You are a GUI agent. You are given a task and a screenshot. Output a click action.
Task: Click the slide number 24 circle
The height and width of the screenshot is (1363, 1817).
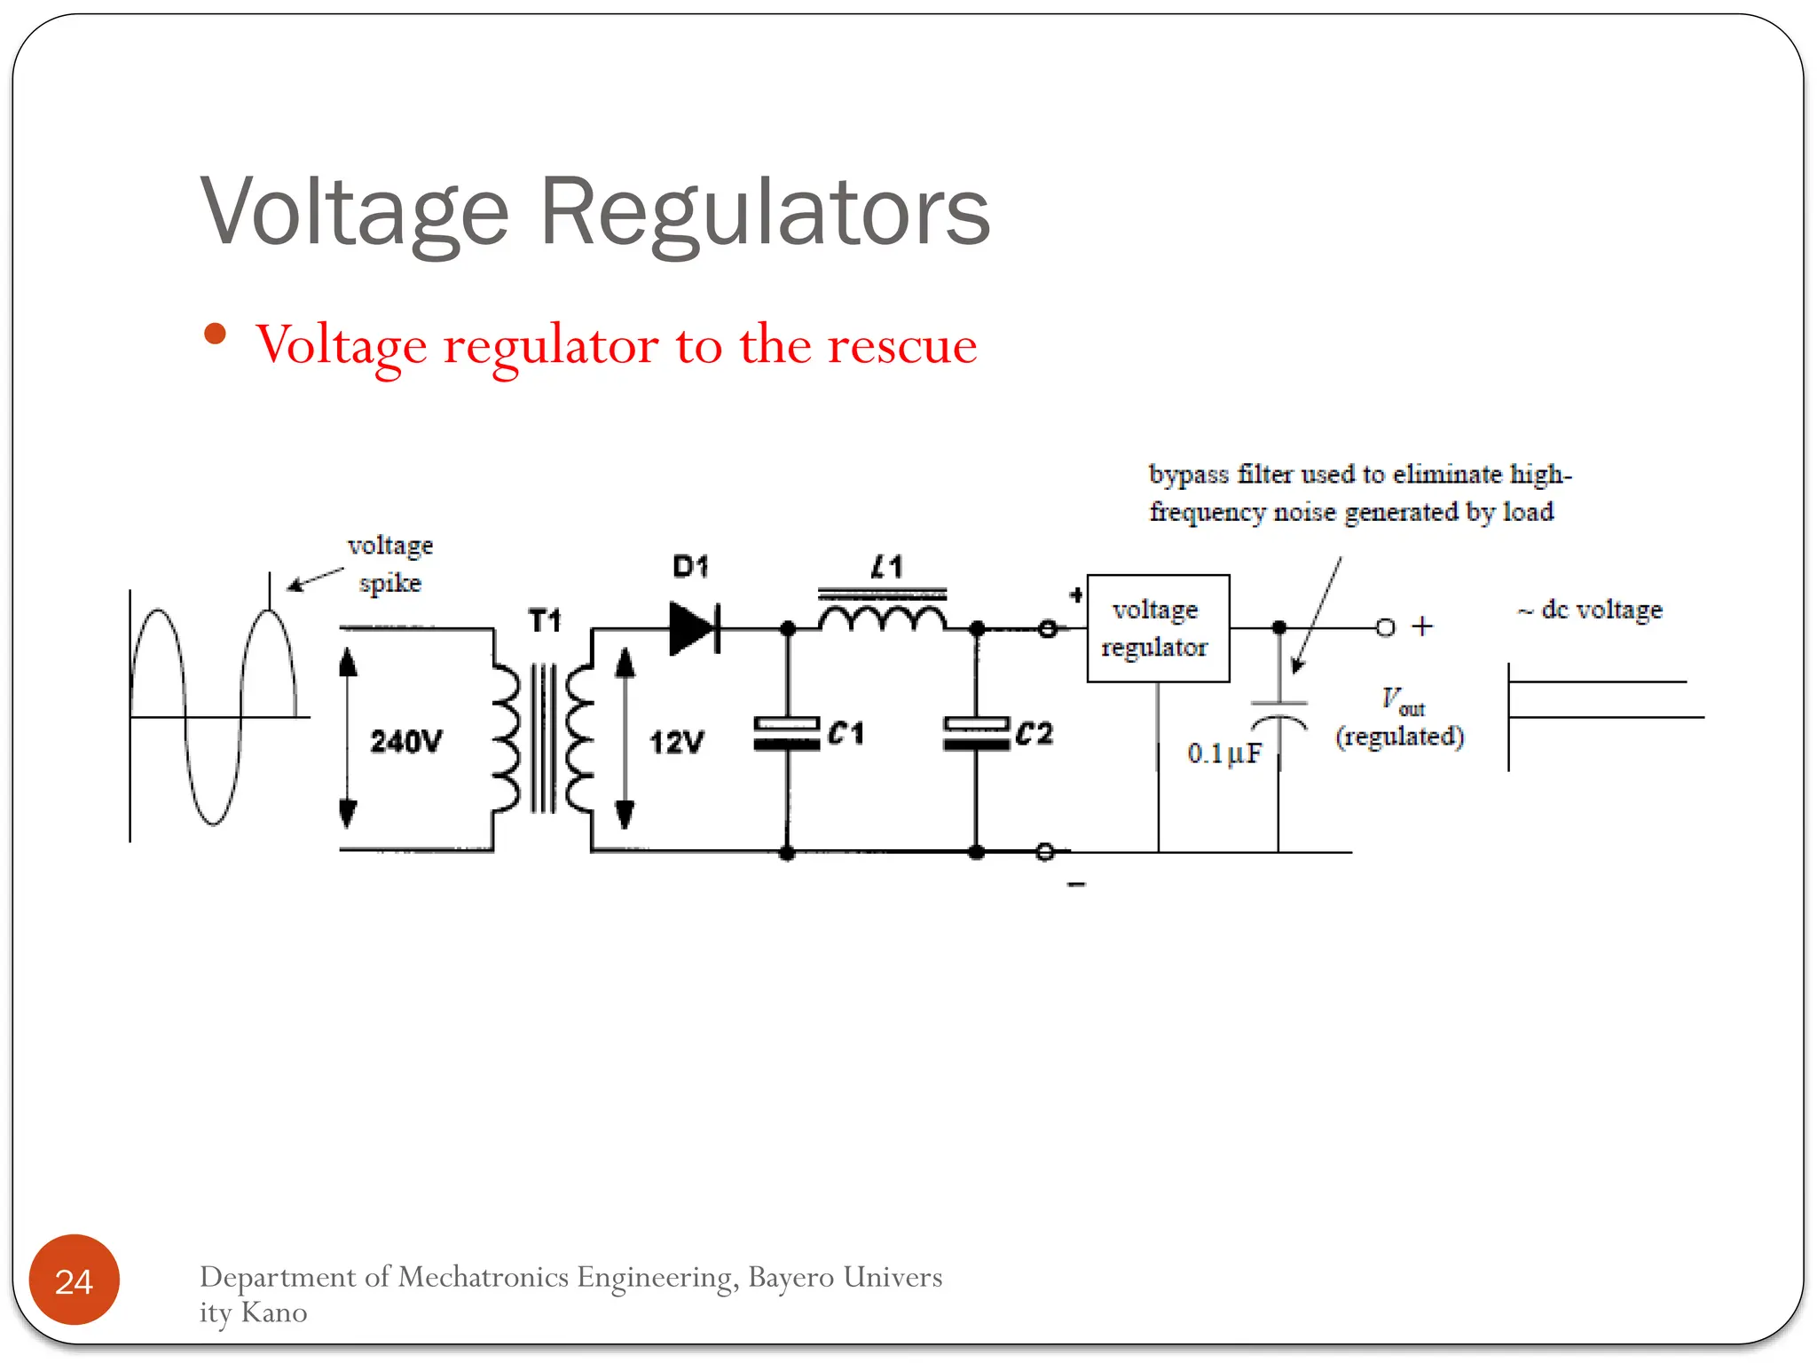point(74,1280)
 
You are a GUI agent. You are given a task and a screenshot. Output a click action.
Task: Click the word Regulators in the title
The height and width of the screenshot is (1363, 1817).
point(764,213)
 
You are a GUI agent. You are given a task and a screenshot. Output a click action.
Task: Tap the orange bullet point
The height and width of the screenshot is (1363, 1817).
point(215,335)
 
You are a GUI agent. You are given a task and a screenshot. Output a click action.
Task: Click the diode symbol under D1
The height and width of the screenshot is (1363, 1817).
point(694,628)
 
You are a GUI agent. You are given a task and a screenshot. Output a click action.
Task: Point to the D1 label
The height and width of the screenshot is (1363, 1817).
point(690,566)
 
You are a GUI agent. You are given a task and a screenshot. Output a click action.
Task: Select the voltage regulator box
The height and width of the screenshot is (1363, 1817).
point(1157,628)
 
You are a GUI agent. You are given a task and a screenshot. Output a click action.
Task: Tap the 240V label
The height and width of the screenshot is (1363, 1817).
point(406,741)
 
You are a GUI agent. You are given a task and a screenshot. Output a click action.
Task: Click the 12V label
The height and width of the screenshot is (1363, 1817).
point(676,742)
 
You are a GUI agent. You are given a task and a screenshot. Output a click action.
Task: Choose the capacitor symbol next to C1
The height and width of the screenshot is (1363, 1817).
point(786,734)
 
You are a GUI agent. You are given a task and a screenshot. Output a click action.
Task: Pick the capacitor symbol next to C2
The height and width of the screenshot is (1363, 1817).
point(976,734)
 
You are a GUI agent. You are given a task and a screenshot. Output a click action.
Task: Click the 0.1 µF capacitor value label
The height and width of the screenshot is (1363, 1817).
point(1223,753)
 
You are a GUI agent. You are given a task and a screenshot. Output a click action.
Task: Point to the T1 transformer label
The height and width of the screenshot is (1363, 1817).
point(545,620)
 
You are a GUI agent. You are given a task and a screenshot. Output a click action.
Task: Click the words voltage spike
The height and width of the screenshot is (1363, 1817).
point(390,563)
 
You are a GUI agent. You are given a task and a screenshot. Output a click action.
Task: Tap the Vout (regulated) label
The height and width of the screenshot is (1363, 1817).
point(1399,718)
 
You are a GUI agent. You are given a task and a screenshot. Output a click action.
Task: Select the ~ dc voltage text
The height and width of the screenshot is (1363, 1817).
point(1590,610)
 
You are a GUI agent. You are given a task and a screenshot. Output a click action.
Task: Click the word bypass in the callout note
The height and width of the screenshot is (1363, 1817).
point(1187,474)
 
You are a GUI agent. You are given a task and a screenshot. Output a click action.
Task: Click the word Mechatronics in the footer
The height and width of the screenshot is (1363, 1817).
point(483,1277)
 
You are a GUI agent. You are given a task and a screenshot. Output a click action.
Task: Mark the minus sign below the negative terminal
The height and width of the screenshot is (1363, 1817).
point(1076,884)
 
